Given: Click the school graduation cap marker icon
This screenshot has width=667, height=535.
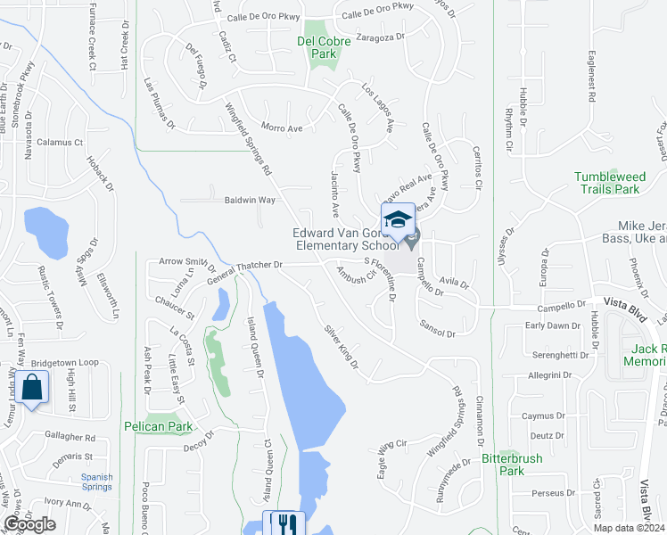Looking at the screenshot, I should coord(398,219).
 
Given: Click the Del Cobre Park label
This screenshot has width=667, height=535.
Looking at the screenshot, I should coord(318,47).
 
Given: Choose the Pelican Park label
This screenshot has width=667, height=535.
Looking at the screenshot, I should coord(160,427).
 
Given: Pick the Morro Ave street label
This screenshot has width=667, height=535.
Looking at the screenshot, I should coord(281,128).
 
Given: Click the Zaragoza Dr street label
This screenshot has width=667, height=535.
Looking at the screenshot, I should coord(381,37).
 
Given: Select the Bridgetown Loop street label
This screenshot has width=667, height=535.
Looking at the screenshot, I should coord(65,364).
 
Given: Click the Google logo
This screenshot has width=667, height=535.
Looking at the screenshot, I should coord(29,524).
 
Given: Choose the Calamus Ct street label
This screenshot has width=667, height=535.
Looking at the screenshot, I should coord(60,142).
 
